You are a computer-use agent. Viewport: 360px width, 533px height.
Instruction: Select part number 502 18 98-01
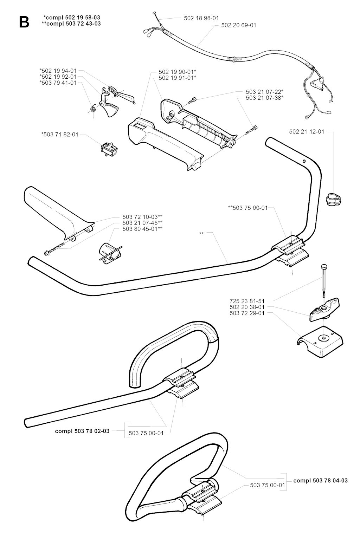(x=201, y=18)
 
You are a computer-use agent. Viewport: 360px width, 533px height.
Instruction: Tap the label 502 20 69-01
(x=239, y=25)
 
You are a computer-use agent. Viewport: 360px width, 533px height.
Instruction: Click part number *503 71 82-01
(x=60, y=135)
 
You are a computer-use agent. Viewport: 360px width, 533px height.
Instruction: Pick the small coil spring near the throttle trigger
(x=93, y=110)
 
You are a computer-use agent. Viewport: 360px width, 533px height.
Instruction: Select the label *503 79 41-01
(x=58, y=83)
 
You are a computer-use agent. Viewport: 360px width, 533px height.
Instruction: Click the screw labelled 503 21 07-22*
(x=192, y=101)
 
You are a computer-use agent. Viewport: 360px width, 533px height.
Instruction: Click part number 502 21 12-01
(x=307, y=132)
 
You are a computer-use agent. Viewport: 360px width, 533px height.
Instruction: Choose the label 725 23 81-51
(x=247, y=301)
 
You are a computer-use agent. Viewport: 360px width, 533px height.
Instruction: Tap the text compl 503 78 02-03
(x=82, y=431)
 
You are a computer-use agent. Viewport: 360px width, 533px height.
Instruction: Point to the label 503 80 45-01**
(x=142, y=229)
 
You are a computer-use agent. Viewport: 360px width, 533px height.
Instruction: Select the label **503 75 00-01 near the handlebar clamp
(x=248, y=208)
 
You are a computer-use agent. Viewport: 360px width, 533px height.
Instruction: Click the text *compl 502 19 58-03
(x=72, y=17)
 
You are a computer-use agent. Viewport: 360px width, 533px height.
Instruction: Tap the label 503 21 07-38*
(x=264, y=98)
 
